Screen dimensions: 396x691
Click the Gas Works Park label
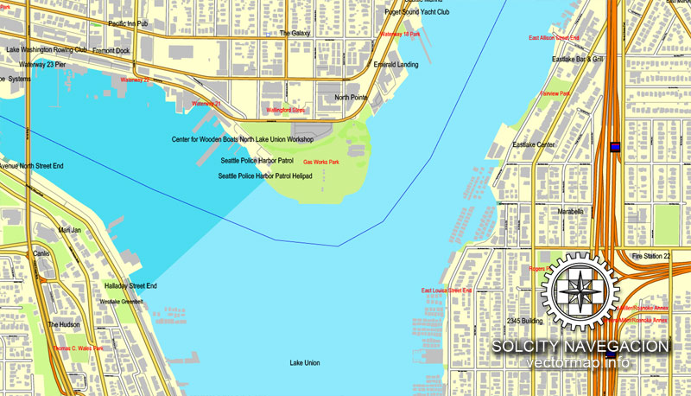[x=320, y=162]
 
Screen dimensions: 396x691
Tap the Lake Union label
[x=305, y=362]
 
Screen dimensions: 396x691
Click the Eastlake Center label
[x=535, y=145]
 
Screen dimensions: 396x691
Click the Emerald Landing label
[x=396, y=65]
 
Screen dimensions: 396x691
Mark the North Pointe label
[x=352, y=98]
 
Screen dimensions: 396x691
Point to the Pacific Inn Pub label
[x=128, y=23]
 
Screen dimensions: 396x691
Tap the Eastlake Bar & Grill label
[x=577, y=59]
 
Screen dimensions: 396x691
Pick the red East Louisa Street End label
[x=447, y=291]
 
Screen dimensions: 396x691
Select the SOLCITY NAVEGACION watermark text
[x=580, y=347]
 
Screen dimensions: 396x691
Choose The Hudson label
[x=63, y=325]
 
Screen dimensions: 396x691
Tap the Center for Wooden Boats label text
[x=204, y=139]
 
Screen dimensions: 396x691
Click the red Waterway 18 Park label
[x=401, y=34]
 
